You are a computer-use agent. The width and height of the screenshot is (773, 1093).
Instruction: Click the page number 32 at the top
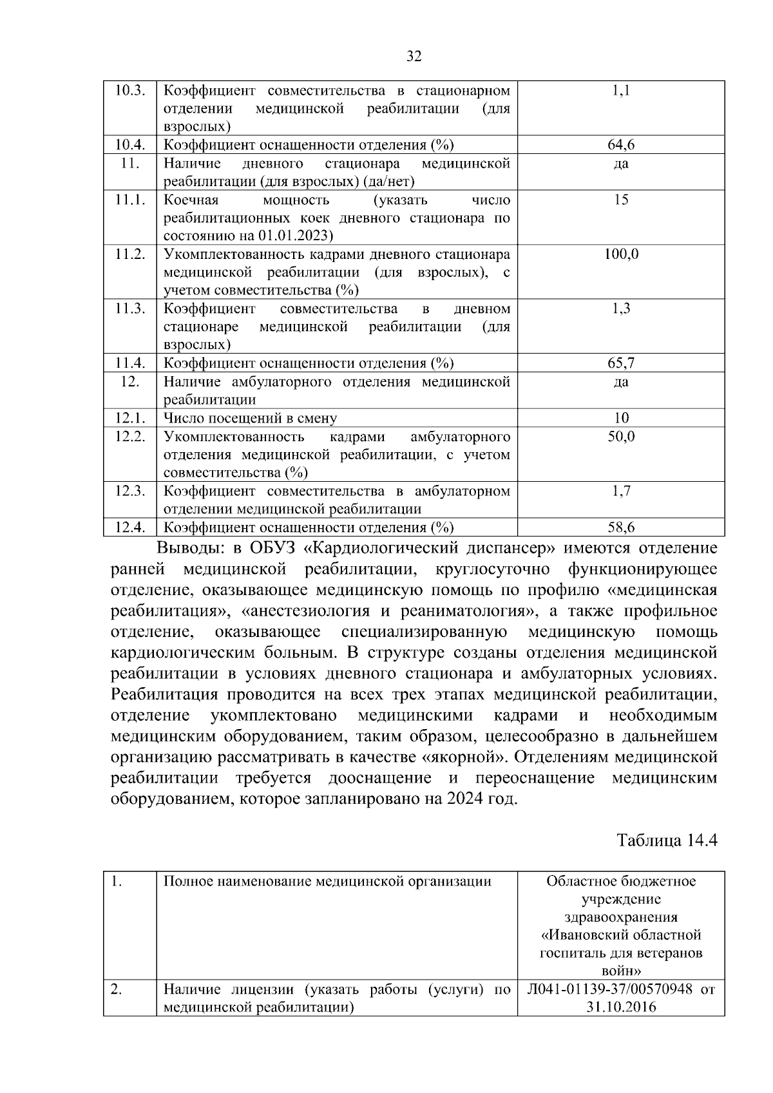[x=414, y=57]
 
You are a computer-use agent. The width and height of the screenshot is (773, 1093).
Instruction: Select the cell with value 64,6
[x=621, y=145]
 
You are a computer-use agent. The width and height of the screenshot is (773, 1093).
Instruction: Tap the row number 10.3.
[x=129, y=90]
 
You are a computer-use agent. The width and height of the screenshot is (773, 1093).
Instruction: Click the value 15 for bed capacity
[x=621, y=200]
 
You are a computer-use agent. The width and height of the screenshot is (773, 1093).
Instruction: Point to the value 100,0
[x=621, y=254]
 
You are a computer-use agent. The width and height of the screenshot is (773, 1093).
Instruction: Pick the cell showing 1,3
[x=621, y=309]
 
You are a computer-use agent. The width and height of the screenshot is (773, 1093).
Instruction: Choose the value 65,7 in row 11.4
[x=621, y=363]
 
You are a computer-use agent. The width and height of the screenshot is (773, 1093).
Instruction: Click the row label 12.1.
[x=129, y=418]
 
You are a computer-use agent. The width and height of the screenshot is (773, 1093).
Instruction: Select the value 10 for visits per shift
[x=621, y=418]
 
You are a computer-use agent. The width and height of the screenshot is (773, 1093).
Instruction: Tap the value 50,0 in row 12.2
[x=621, y=437]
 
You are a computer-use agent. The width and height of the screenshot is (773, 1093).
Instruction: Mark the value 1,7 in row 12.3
[x=621, y=491]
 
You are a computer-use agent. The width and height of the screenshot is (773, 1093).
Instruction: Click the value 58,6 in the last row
[x=621, y=528]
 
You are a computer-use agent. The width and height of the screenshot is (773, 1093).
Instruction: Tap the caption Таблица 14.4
[x=667, y=841]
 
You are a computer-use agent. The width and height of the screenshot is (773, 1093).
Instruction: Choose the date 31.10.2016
[x=621, y=1007]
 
